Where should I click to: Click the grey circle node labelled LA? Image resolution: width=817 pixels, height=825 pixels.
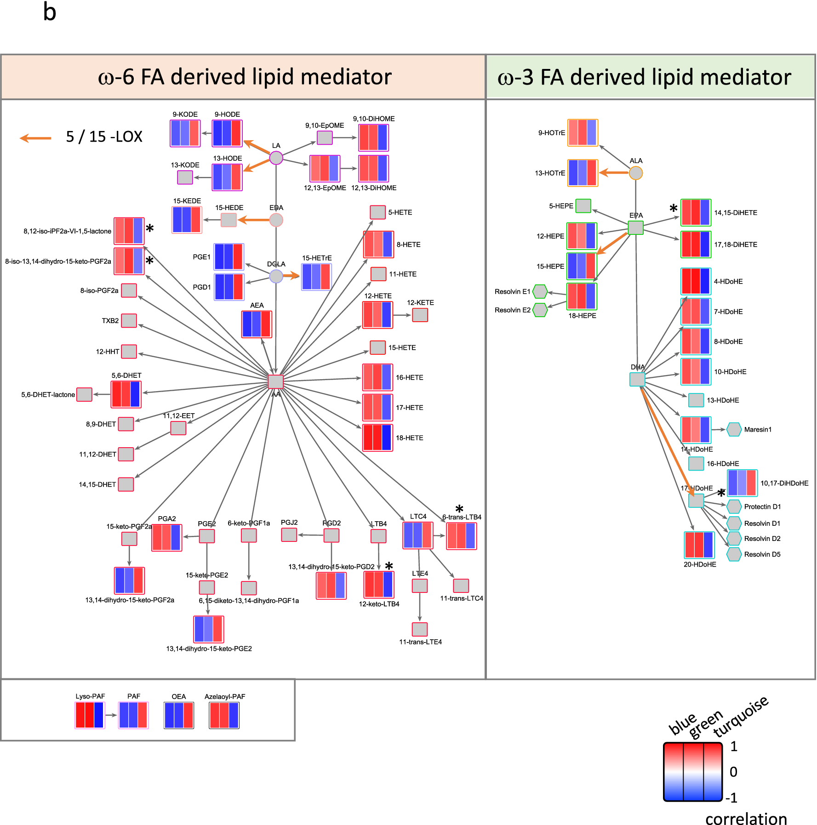tap(276, 158)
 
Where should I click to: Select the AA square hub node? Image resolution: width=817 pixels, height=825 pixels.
tap(276, 381)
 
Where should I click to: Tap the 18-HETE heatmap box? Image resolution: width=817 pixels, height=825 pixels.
tap(377, 438)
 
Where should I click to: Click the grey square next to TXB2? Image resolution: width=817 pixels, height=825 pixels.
tap(129, 320)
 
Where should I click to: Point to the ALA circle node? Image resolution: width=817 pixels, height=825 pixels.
tap(635, 173)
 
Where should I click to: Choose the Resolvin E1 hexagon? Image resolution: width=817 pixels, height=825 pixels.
tap(539, 291)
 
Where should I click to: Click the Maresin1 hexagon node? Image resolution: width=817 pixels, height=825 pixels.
tap(734, 429)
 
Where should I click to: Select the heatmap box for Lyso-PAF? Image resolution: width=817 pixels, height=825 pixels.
tap(90, 715)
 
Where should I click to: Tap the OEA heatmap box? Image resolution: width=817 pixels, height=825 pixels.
tap(179, 715)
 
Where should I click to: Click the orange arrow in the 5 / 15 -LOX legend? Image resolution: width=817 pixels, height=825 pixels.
tap(36, 137)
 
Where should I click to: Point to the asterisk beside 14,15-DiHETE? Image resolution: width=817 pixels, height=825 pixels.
tap(673, 209)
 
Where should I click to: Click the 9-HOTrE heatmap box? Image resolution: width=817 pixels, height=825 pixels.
tap(583, 132)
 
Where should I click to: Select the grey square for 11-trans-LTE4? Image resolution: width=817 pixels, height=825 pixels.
tap(420, 629)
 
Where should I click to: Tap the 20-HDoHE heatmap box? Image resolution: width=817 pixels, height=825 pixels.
tap(699, 545)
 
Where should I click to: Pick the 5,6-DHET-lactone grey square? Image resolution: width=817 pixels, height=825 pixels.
tap(84, 394)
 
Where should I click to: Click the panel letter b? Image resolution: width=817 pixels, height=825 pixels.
tap(50, 12)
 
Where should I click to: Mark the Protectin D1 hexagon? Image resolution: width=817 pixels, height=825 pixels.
tap(734, 506)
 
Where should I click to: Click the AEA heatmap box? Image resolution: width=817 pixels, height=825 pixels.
tap(257, 324)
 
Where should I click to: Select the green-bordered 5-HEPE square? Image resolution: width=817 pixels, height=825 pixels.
tap(583, 205)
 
